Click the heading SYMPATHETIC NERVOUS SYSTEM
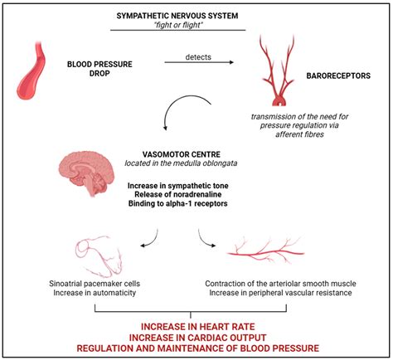[x=196, y=16]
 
